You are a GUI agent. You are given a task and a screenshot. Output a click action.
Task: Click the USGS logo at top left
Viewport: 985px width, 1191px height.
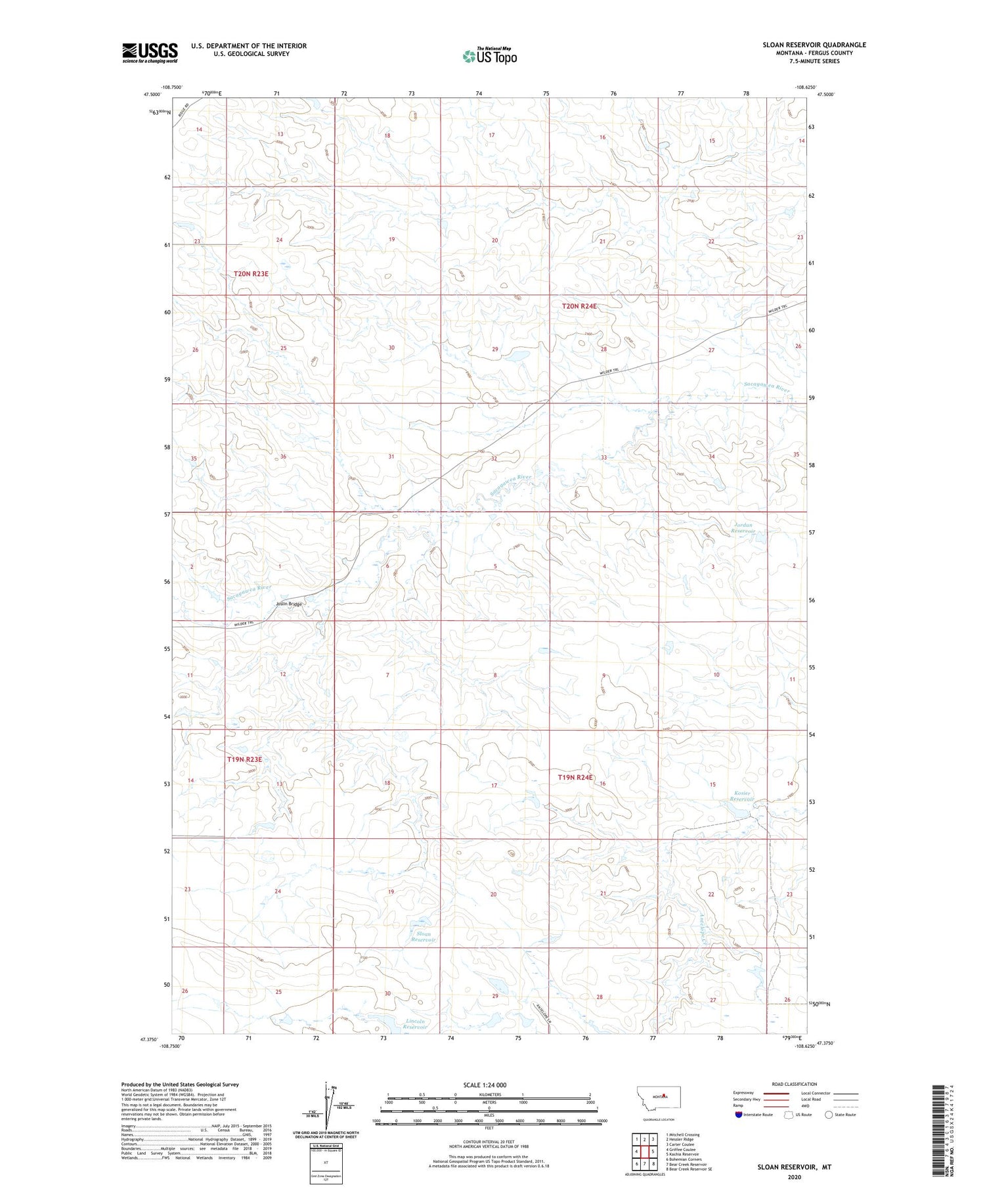click(x=150, y=53)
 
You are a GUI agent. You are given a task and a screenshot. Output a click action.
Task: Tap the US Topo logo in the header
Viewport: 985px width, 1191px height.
click(x=489, y=56)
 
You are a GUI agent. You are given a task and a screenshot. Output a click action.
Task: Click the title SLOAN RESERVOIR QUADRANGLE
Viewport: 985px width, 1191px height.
click(x=814, y=45)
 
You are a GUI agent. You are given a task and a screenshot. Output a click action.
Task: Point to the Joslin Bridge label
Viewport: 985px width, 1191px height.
click(x=289, y=604)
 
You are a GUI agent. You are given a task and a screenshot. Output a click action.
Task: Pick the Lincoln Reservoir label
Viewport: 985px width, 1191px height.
click(x=415, y=1023)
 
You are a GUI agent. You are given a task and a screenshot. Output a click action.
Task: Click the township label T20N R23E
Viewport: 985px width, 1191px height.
click(x=251, y=273)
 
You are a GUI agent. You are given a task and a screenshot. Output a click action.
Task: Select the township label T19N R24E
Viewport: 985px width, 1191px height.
click(x=575, y=777)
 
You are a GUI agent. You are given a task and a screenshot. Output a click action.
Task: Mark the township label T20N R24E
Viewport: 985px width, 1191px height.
click(x=579, y=306)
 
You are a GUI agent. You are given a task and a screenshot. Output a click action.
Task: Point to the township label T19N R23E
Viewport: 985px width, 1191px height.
click(x=244, y=759)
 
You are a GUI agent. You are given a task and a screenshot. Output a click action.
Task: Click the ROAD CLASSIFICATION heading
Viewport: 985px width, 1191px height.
click(x=795, y=1084)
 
